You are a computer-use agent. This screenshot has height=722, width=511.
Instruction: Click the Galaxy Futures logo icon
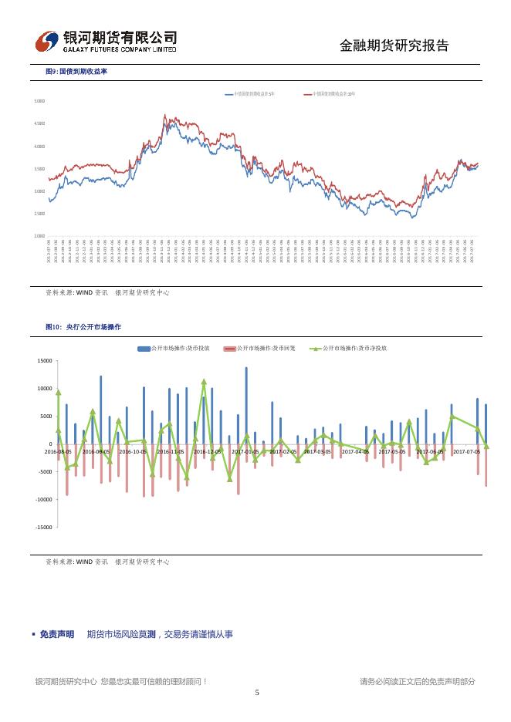pyautogui.click(x=49, y=41)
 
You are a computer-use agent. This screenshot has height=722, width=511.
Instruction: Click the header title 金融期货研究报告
pyautogui.click(x=394, y=46)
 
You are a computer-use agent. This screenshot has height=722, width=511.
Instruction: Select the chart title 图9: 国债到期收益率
pyautogui.click(x=76, y=71)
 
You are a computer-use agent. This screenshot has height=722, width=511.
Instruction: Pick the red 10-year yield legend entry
pyautogui.click(x=330, y=93)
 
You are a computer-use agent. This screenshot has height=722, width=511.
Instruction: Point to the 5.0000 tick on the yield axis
pyautogui.click(x=39, y=101)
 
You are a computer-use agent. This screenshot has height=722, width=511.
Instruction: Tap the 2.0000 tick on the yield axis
pyautogui.click(x=39, y=236)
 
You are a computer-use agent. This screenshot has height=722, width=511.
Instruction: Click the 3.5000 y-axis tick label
pyautogui.click(x=39, y=169)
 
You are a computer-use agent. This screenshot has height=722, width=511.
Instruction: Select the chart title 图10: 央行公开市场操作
pyautogui.click(x=83, y=327)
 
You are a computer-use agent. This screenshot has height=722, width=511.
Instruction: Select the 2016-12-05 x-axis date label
pyautogui.click(x=208, y=451)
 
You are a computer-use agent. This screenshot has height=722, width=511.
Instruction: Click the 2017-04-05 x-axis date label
pyautogui.click(x=356, y=451)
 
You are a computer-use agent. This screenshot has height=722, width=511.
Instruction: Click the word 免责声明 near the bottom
pyautogui.click(x=57, y=634)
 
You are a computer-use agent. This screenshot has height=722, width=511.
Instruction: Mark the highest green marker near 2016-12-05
pyautogui.click(x=204, y=381)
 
